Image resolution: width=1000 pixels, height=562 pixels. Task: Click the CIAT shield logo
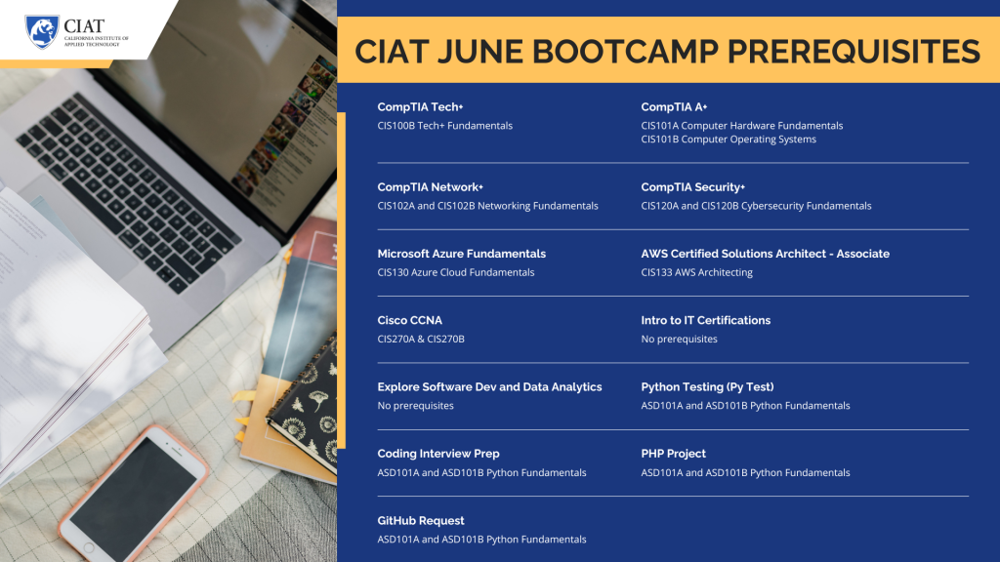(42, 32)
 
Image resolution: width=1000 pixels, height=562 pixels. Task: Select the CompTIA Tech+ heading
(420, 107)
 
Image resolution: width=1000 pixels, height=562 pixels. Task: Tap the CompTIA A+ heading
(674, 107)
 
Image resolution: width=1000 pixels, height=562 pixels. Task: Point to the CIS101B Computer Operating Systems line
(729, 139)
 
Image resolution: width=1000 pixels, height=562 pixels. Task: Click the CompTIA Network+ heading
(431, 187)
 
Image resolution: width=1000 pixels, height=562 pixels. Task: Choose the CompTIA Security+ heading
(693, 187)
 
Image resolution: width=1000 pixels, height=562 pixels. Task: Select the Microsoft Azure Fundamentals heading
(462, 254)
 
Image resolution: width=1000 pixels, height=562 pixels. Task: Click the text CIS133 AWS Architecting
(696, 272)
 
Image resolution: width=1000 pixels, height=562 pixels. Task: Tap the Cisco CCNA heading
(409, 320)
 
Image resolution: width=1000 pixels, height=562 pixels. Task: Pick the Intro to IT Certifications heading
(705, 320)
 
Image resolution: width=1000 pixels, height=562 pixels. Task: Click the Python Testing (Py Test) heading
(707, 386)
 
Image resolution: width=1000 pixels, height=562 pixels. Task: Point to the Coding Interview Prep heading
(438, 454)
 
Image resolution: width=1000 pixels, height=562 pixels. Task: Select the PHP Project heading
(674, 454)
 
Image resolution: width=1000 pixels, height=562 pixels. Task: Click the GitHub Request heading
(421, 521)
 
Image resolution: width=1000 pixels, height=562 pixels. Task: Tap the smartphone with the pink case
(134, 494)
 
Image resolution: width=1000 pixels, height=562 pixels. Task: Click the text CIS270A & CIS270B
(421, 339)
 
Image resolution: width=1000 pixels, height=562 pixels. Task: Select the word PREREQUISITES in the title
(854, 52)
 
